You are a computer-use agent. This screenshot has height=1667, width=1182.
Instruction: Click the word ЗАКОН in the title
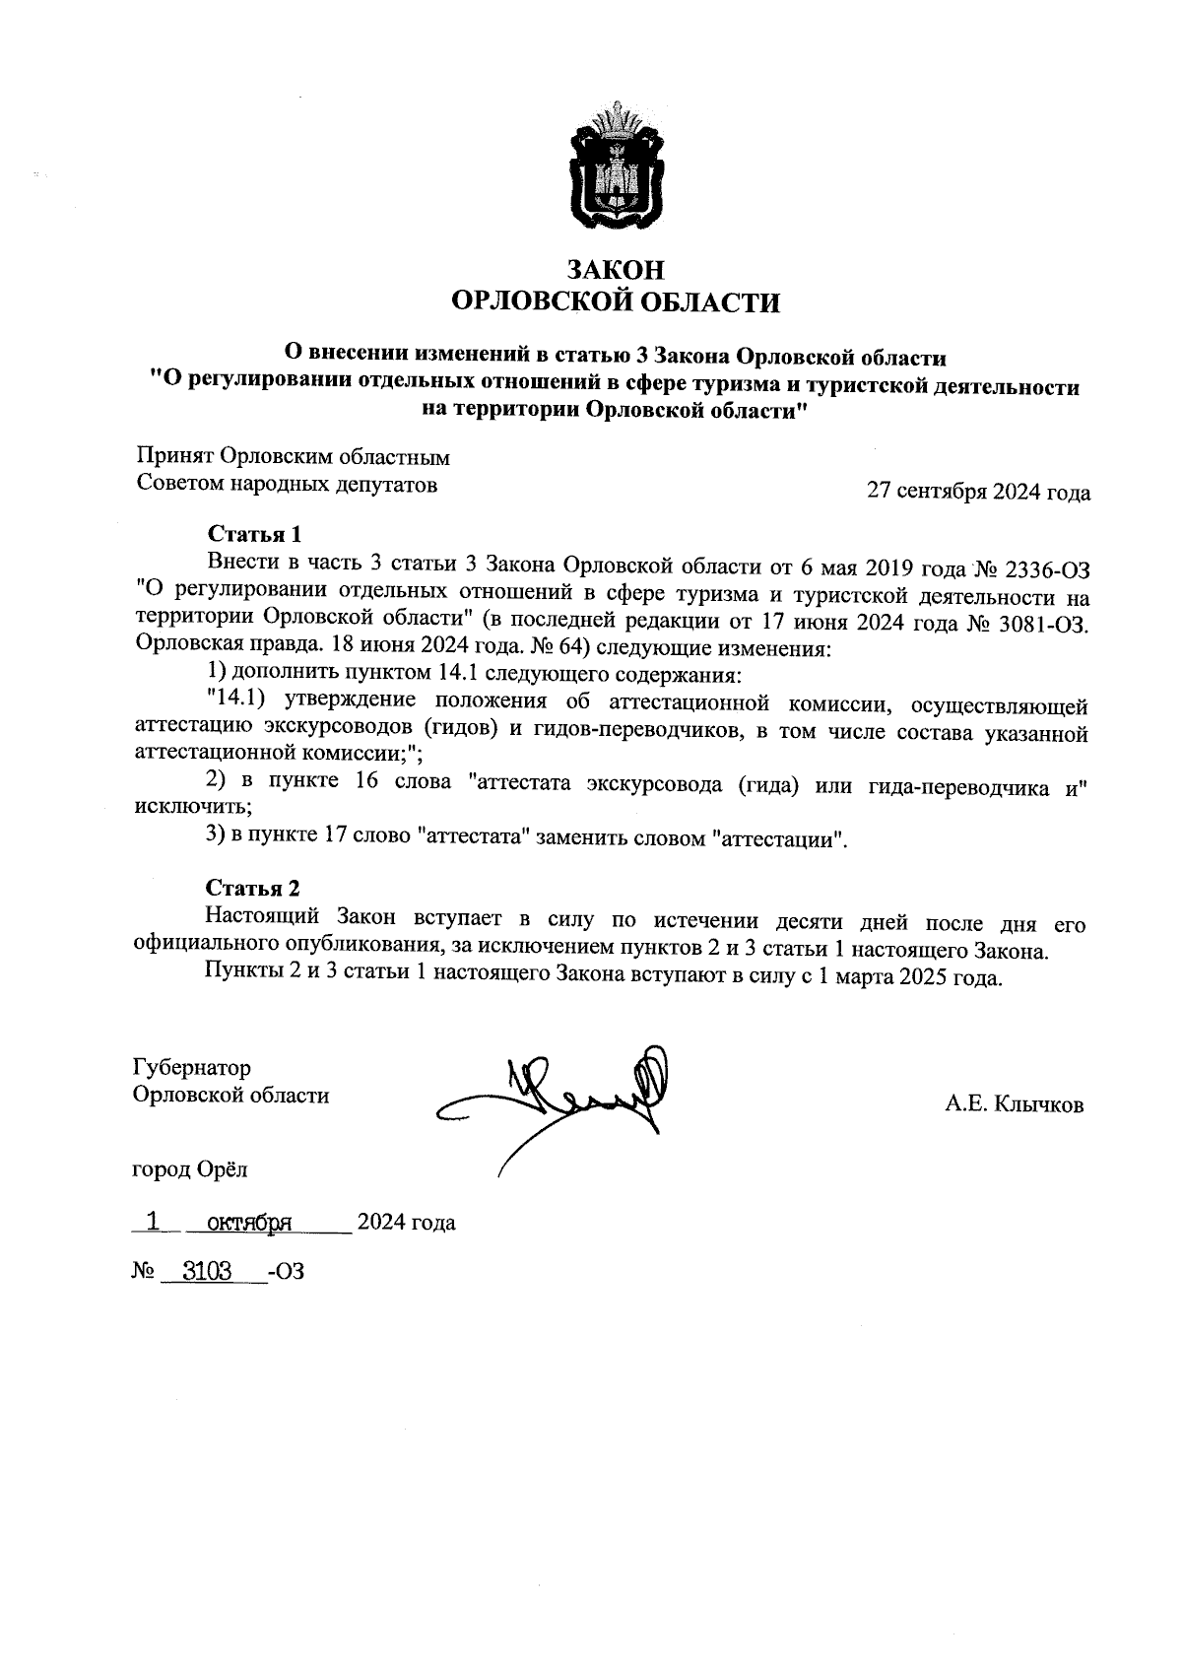click(614, 269)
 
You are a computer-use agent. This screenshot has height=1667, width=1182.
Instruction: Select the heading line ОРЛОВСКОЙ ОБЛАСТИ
click(614, 302)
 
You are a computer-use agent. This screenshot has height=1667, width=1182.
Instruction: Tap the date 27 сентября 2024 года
click(977, 492)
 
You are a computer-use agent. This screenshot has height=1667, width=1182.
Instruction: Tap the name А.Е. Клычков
click(1014, 1105)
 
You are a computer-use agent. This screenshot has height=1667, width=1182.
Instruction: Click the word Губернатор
click(191, 1068)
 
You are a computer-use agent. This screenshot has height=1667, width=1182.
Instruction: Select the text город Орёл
click(189, 1170)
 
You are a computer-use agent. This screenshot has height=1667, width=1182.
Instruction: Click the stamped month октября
click(242, 1223)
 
